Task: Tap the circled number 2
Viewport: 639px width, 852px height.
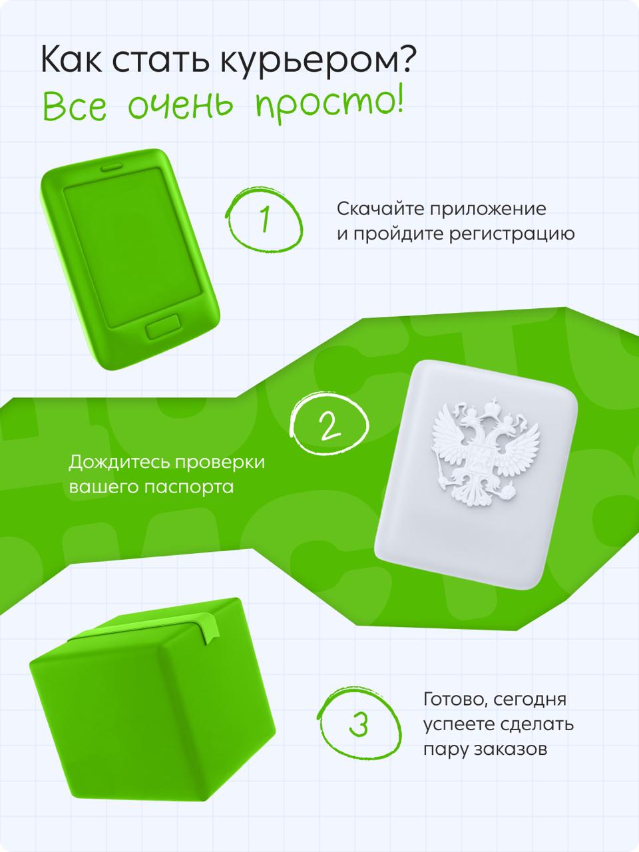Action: [330, 425]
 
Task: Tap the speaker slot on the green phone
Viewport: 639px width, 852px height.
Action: [111, 168]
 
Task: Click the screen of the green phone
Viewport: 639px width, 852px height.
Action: [132, 247]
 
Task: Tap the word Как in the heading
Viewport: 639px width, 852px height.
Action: [71, 59]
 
